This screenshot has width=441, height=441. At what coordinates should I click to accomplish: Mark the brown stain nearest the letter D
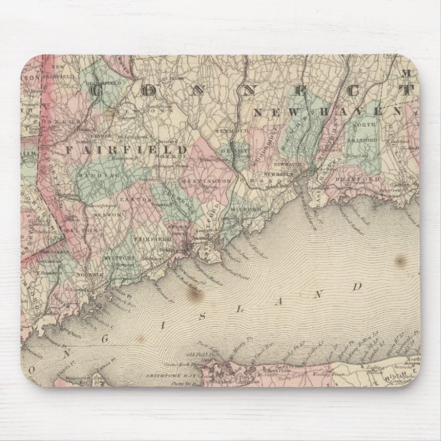pos(399,260)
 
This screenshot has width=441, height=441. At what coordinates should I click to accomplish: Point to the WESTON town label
pos(113,216)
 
